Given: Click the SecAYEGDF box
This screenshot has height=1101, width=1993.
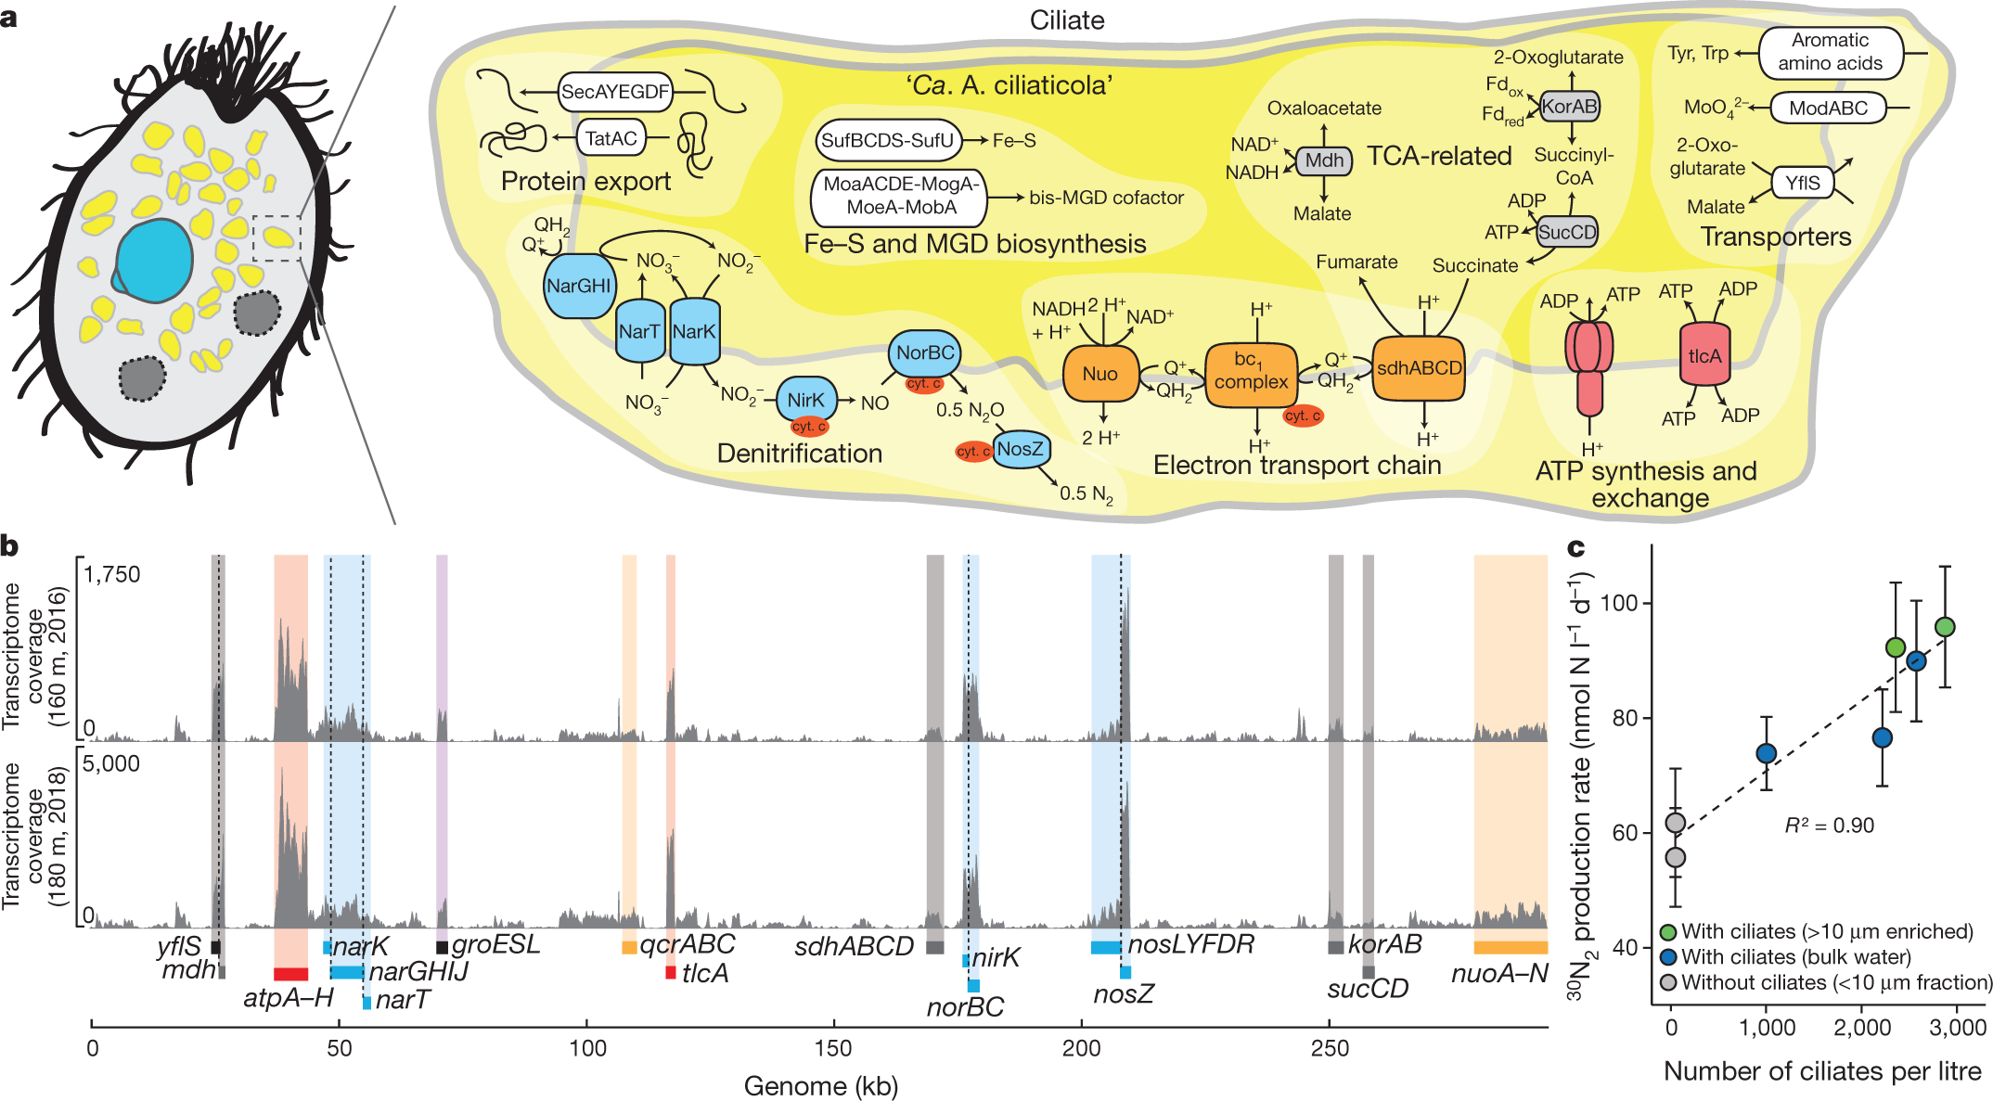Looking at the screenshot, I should (614, 92).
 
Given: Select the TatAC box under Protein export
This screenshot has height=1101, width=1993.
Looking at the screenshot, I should (611, 139).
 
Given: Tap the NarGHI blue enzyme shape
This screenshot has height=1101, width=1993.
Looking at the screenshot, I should (578, 286).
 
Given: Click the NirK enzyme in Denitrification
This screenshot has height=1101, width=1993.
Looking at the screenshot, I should (805, 400).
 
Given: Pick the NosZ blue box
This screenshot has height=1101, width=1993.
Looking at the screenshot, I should (1021, 449).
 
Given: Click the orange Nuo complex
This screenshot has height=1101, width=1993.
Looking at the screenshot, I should (1099, 373).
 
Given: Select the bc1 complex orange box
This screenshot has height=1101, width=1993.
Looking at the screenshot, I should (1250, 373).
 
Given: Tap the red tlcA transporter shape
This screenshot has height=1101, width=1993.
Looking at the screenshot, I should (1704, 356).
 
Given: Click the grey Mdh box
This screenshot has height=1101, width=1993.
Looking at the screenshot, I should (1324, 160).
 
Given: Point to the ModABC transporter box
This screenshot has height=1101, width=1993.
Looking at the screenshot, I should (1828, 109).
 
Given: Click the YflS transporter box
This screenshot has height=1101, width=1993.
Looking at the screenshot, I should (1802, 183).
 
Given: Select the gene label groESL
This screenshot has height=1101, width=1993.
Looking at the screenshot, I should (495, 944).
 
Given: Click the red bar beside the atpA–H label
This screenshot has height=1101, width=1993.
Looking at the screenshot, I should (290, 973).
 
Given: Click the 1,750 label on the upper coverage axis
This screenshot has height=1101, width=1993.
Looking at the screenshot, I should (111, 574).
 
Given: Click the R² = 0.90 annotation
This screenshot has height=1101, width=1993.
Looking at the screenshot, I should (1829, 826).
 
